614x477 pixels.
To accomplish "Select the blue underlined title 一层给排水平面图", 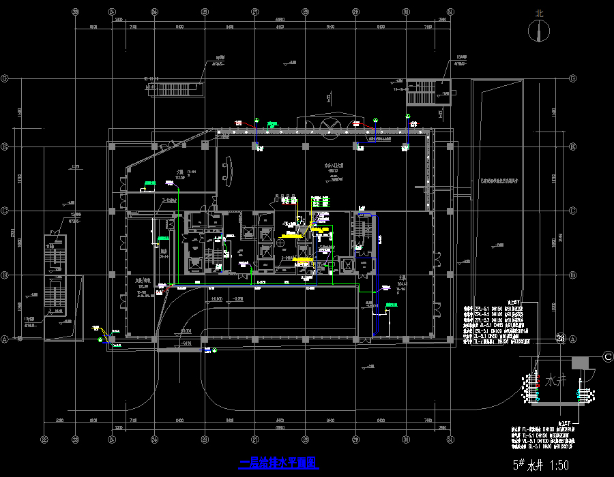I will click(x=280, y=463).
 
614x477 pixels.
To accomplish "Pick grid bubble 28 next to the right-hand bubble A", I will click(x=561, y=338).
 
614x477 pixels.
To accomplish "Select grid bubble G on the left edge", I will click(x=5, y=79).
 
